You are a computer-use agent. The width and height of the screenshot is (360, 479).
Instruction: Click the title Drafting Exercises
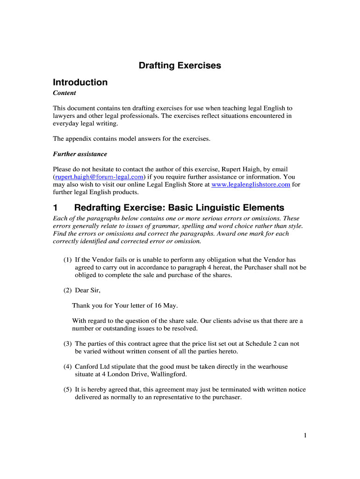[180, 66]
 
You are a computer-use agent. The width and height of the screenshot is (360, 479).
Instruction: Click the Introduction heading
[80, 82]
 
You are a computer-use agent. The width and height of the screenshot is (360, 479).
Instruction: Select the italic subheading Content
[65, 93]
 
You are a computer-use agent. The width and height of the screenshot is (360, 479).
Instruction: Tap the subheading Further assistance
[79, 154]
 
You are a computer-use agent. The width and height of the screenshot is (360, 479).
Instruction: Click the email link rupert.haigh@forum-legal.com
[99, 177]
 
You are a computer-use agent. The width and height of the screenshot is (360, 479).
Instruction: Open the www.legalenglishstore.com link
[251, 184]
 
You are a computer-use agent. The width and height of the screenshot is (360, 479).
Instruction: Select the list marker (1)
[68, 260]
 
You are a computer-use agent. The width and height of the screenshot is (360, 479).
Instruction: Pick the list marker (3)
[68, 344]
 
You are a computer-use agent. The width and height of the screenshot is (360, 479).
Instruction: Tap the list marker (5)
[68, 390]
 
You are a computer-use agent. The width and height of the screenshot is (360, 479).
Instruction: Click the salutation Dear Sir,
[88, 290]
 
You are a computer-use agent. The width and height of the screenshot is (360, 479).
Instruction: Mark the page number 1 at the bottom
[305, 435]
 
